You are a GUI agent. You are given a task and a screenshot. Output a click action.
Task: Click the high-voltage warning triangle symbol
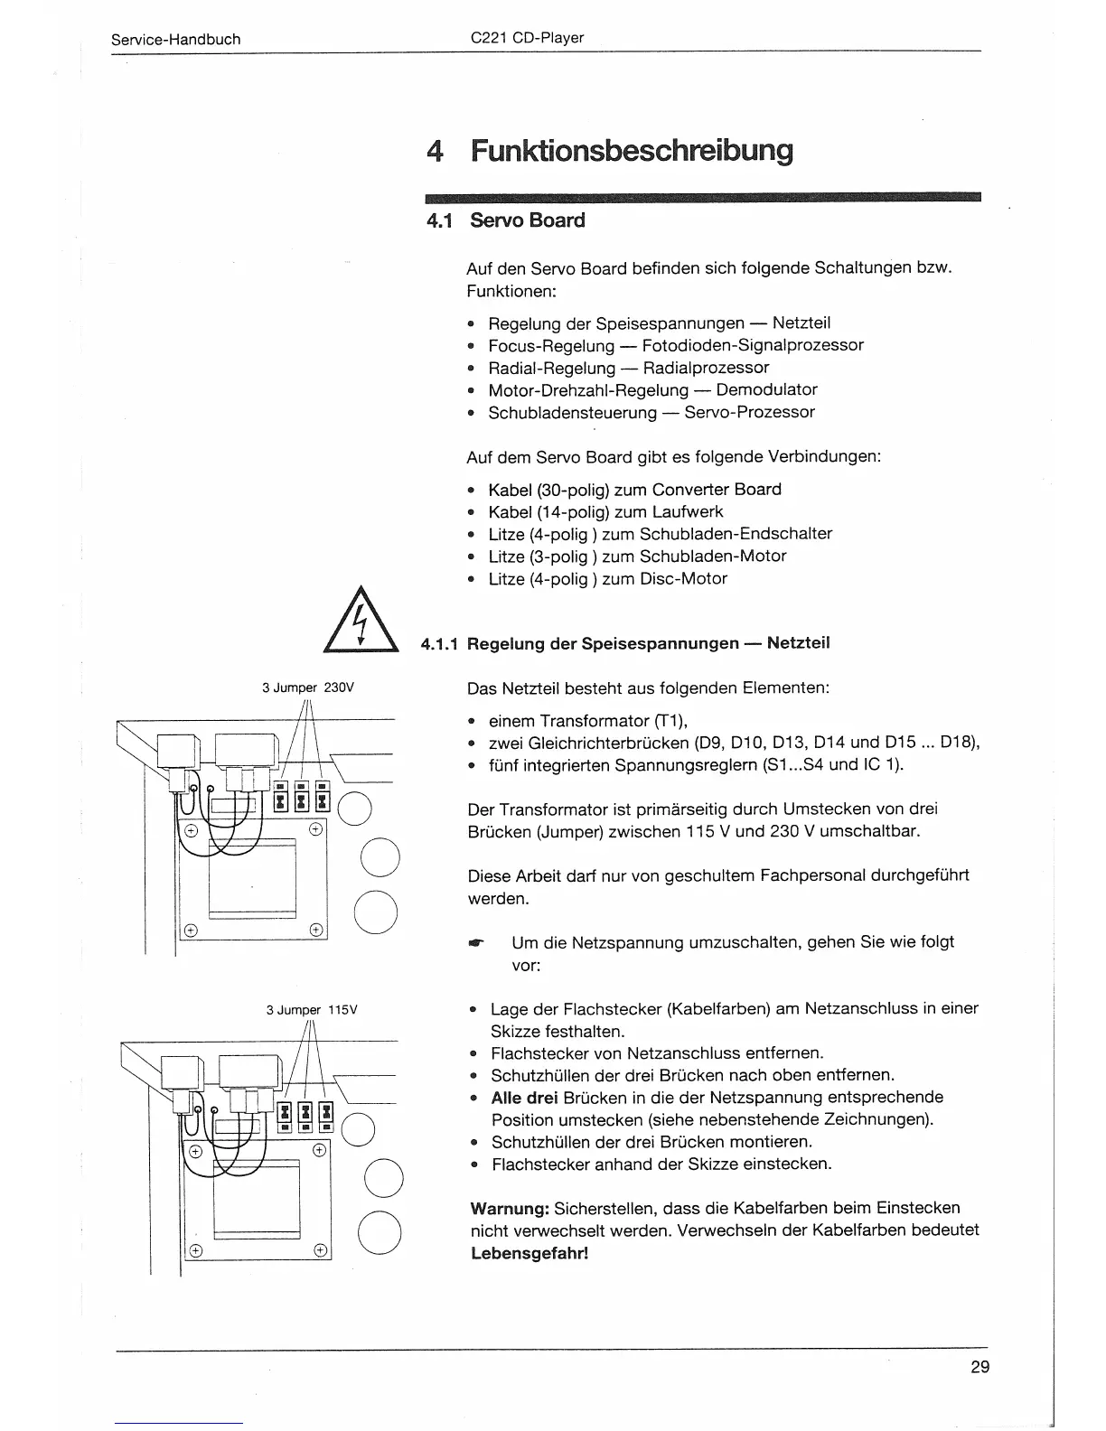click(x=361, y=620)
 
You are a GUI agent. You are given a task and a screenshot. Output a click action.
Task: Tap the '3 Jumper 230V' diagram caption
click(x=308, y=687)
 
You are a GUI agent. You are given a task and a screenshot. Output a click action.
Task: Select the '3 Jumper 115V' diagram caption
click(x=312, y=1010)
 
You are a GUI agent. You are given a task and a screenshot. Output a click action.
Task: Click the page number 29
click(x=979, y=1367)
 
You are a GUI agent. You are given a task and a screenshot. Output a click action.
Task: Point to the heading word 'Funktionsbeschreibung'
click(x=632, y=150)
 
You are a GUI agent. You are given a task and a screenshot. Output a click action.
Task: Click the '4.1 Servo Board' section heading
click(x=506, y=220)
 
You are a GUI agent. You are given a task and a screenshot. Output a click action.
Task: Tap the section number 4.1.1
click(x=440, y=644)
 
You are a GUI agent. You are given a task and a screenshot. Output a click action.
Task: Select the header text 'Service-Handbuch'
click(x=175, y=40)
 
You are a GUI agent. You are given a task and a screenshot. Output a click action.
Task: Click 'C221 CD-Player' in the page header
click(x=528, y=38)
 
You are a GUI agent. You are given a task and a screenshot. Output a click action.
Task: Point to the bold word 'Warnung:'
click(x=510, y=1209)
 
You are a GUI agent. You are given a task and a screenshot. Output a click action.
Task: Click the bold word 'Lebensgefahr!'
click(x=530, y=1254)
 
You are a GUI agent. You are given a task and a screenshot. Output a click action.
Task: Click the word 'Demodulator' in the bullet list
click(x=766, y=390)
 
